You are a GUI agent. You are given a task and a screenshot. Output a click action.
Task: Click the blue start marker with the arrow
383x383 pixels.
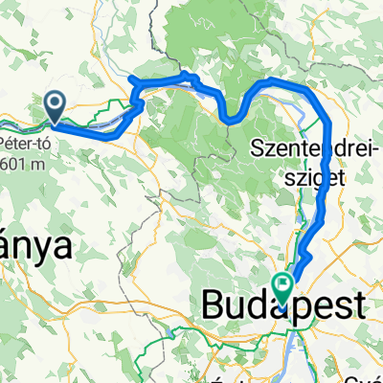coord(55,106)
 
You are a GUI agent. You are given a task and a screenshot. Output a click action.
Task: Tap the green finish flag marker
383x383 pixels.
coord(283,283)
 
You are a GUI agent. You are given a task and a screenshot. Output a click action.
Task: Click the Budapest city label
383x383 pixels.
coord(284,306)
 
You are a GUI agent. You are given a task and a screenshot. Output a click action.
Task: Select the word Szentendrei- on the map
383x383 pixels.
coord(302,148)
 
